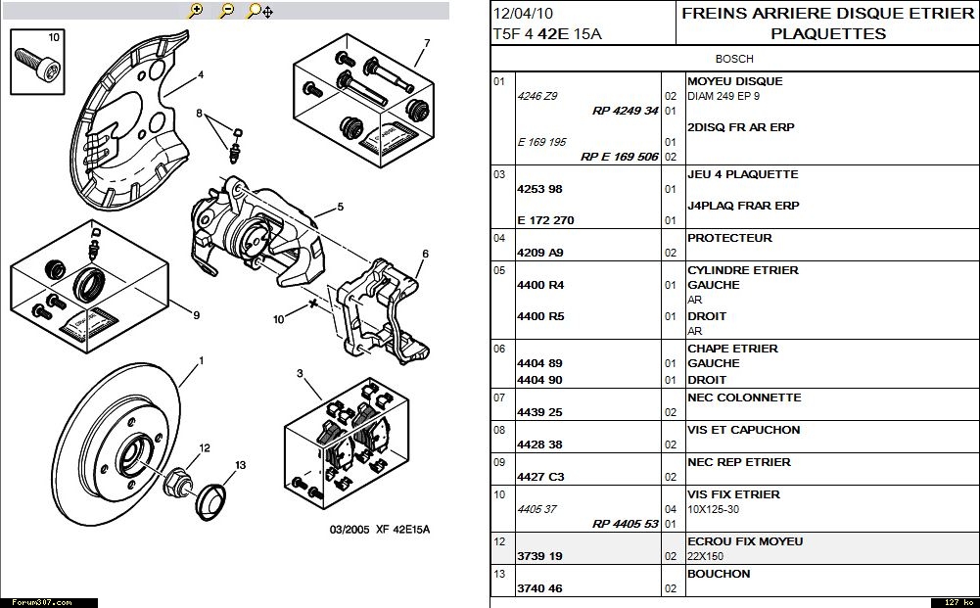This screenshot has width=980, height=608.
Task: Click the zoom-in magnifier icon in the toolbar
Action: coord(196,11)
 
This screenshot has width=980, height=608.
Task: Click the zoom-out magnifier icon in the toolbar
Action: coord(227,11)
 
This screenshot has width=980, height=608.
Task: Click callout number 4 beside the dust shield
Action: coord(200,75)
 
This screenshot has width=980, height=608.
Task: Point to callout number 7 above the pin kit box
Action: coord(428,43)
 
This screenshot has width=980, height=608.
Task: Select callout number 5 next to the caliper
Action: coord(340,207)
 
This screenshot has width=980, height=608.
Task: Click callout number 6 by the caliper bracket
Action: coord(425,254)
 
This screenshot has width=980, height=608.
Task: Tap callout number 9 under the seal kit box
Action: coord(196,315)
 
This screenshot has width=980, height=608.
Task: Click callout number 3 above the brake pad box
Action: coord(301,373)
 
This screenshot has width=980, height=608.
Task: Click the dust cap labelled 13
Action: coord(211,497)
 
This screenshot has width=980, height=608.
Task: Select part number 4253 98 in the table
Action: coord(539,189)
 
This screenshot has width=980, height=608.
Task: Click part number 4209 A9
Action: coord(539,253)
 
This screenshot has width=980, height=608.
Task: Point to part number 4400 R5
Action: coord(540,316)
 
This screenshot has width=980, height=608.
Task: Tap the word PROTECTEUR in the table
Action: coord(729,238)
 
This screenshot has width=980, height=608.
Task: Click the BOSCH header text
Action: coord(734,59)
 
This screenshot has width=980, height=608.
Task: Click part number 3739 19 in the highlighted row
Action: coord(539,556)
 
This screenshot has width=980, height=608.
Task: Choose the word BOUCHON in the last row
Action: coord(719,574)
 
